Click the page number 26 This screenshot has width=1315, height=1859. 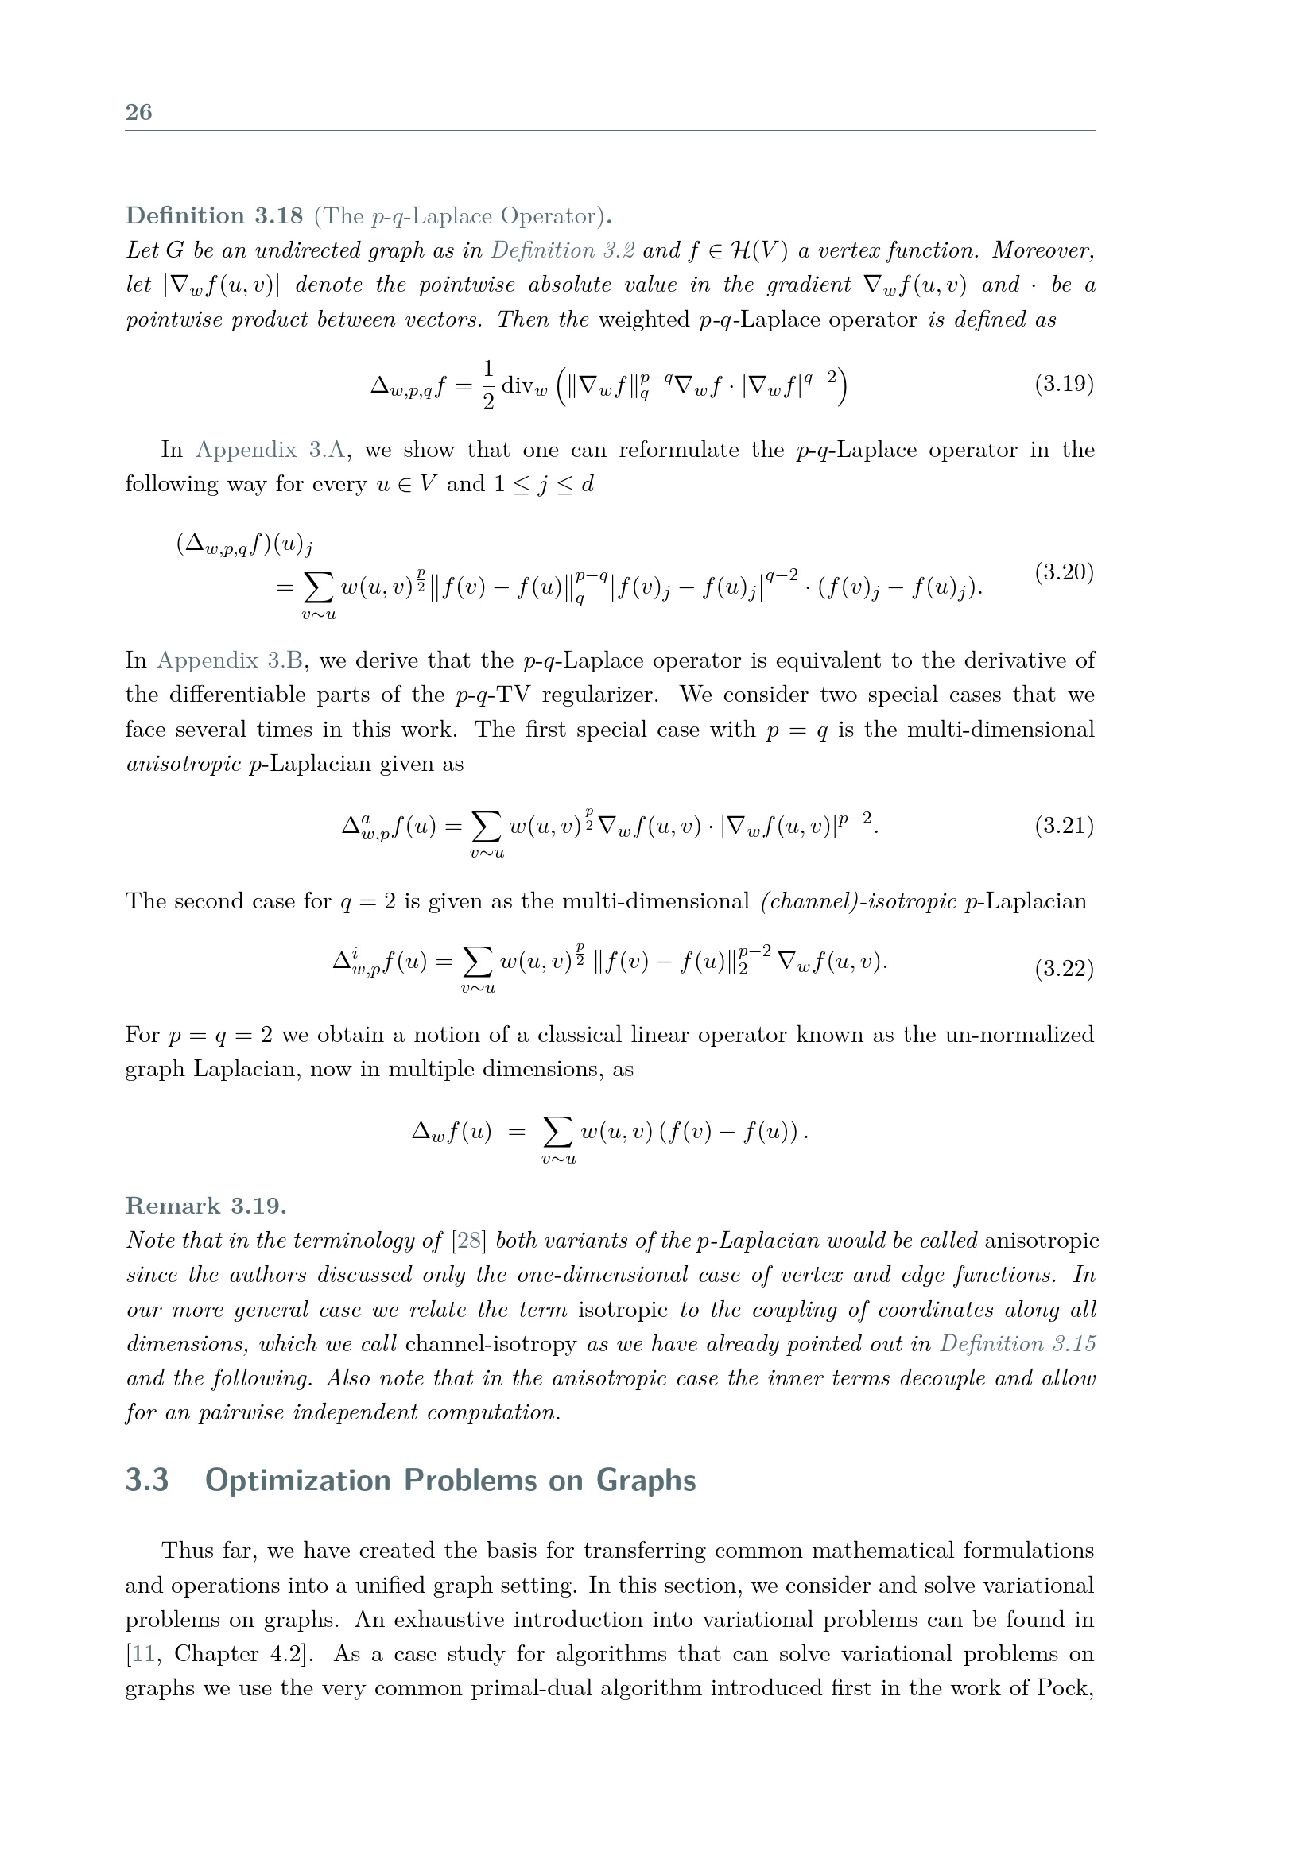click(x=138, y=112)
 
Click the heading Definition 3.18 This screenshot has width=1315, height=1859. click(x=214, y=216)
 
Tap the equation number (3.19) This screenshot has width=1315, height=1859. click(x=1064, y=383)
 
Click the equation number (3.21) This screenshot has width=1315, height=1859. click(x=1064, y=826)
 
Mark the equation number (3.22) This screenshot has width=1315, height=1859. click(x=1064, y=968)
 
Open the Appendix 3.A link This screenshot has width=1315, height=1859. click(x=270, y=449)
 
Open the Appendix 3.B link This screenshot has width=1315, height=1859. click(x=230, y=660)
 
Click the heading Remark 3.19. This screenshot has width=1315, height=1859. click(x=206, y=1206)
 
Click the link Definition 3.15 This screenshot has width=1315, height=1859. click(x=1017, y=1344)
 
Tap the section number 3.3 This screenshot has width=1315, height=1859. click(x=146, y=1480)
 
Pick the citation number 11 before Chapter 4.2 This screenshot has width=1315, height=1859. click(x=143, y=1653)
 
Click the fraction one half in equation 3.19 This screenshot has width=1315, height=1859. click(x=487, y=385)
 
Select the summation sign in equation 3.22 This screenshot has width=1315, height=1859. click(x=477, y=962)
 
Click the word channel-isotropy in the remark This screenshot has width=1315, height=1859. click(x=490, y=1344)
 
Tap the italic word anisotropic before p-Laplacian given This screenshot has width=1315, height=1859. click(x=184, y=764)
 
